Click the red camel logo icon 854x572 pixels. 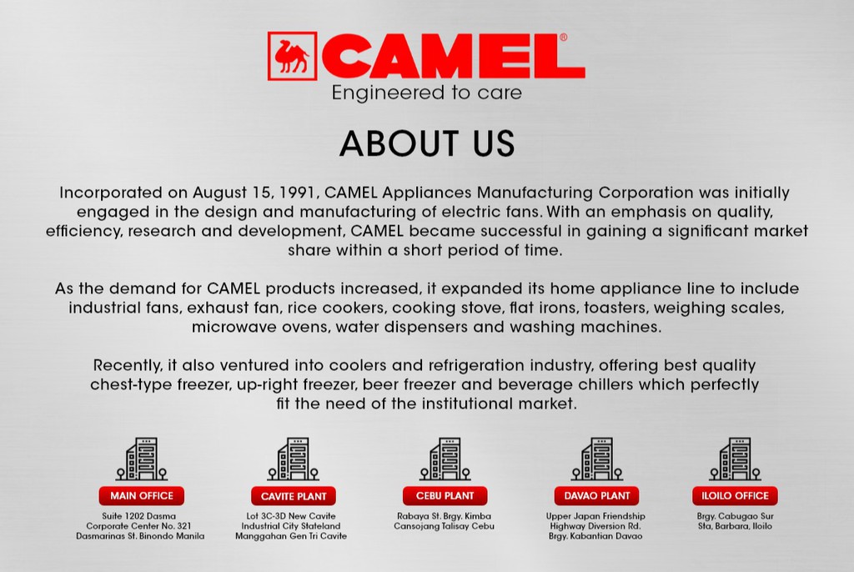tap(292, 56)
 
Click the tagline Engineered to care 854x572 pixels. tap(426, 93)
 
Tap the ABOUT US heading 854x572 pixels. tap(426, 144)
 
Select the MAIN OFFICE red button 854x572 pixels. tap(142, 495)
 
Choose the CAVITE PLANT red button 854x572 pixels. tap(294, 496)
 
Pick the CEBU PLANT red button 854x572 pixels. tap(445, 496)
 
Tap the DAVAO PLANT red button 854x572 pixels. tap(596, 496)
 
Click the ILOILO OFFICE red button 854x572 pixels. tap(735, 496)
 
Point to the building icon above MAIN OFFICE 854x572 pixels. tap(142, 459)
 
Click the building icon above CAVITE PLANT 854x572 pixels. tap(294, 459)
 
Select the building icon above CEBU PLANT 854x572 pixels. tap(445, 459)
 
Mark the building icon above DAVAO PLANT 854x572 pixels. tap(596, 459)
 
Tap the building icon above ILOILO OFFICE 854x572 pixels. tap(735, 459)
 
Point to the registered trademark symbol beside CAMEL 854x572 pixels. tap(564, 38)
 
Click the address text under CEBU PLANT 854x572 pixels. tap(445, 521)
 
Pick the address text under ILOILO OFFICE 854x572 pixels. tap(735, 521)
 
